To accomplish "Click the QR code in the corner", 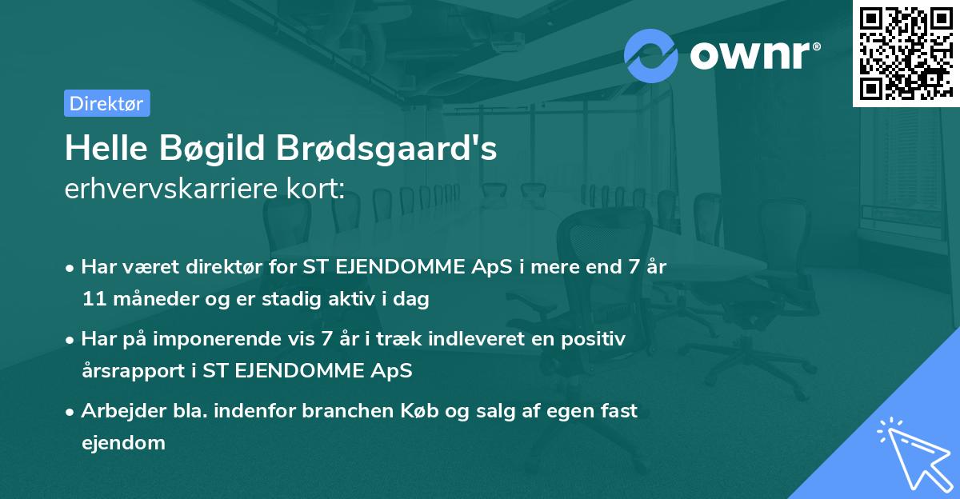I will tap(906, 53).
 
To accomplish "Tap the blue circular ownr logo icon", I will tap(651, 55).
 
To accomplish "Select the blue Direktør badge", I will tap(106, 103).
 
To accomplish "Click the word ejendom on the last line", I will tap(123, 442).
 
